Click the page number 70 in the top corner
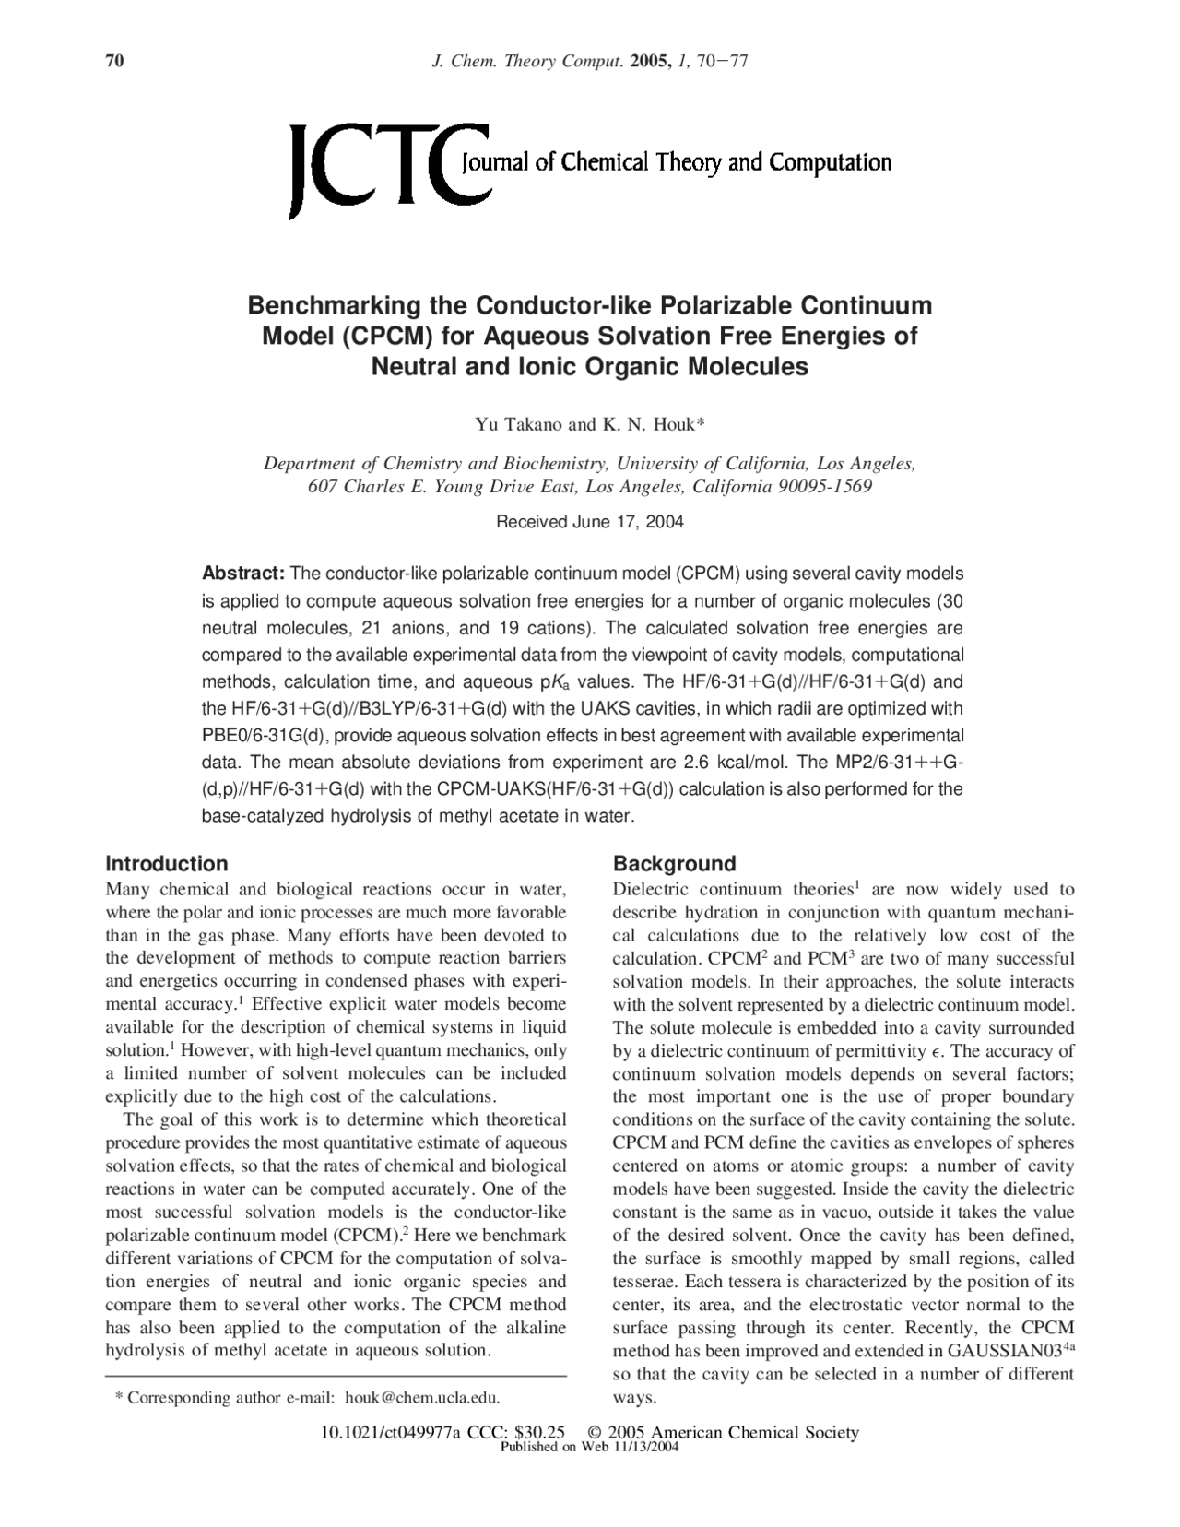114,62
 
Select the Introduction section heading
166,864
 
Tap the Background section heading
674,864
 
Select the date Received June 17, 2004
590,522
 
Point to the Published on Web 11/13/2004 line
589,1448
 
